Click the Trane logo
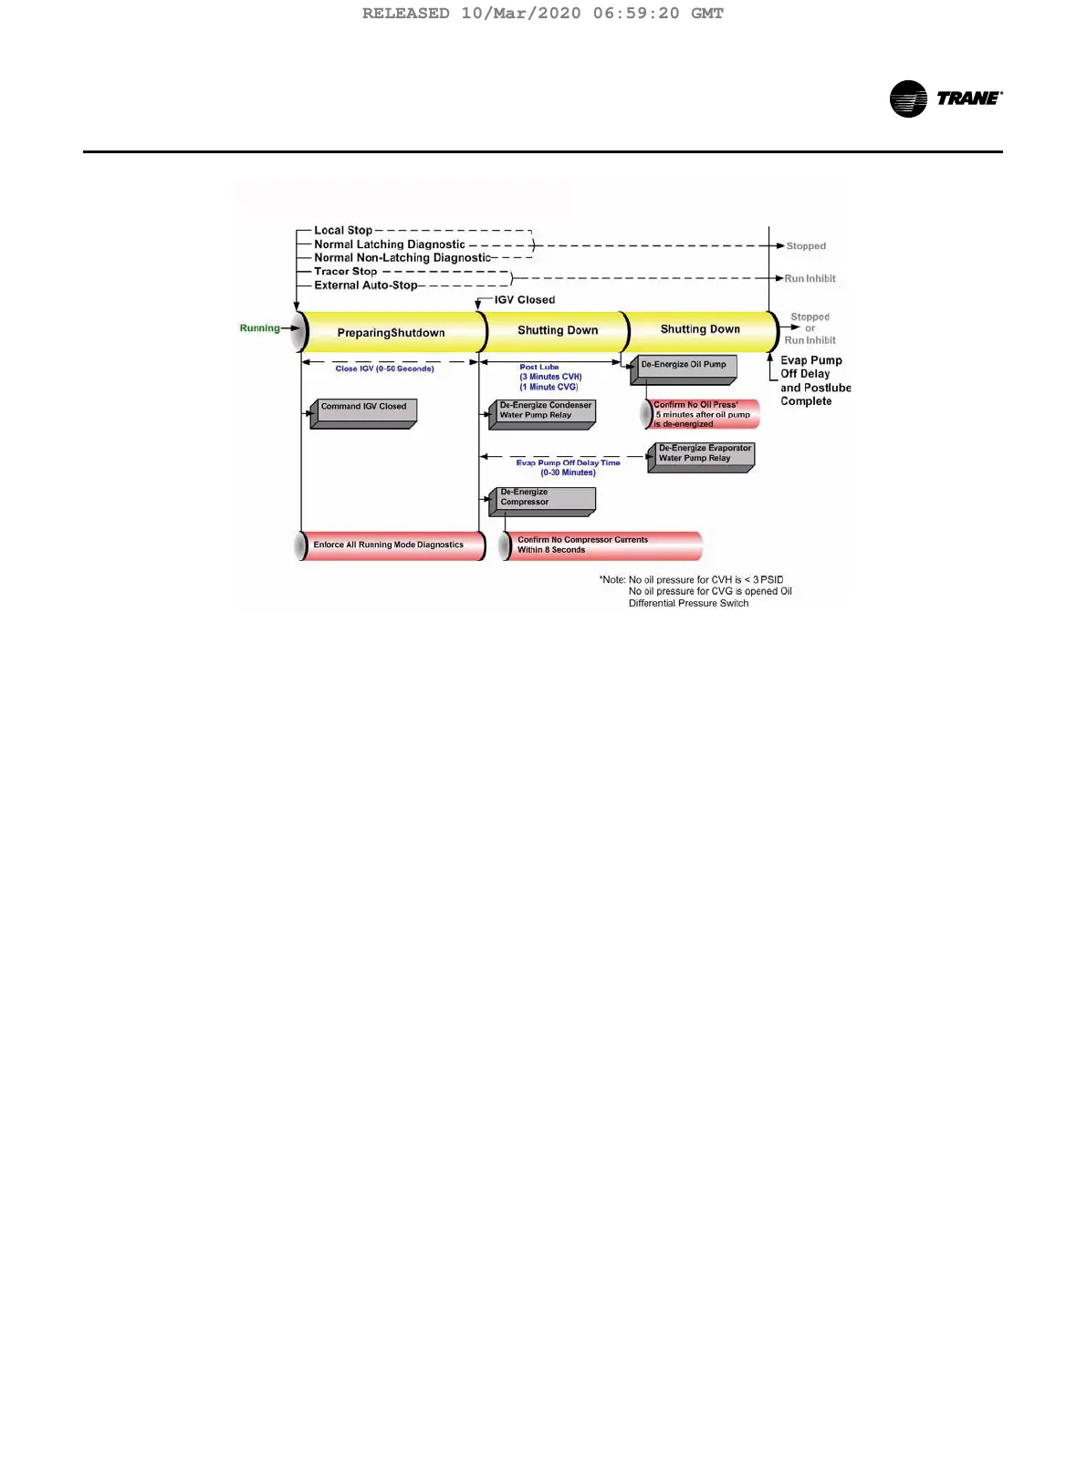946,99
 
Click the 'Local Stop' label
343,231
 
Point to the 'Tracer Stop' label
345,272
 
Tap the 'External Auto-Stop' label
365,285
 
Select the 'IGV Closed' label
524,300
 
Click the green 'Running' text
259,328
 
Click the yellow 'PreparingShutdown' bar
391,333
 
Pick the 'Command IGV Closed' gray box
363,411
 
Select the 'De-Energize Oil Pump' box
684,368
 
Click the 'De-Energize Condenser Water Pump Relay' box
544,412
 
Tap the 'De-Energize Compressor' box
542,499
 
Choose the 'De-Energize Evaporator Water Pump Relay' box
702,455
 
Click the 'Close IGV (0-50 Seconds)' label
384,368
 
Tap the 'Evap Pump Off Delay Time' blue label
568,463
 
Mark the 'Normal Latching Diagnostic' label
390,244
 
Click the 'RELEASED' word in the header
405,14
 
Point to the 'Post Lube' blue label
539,367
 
